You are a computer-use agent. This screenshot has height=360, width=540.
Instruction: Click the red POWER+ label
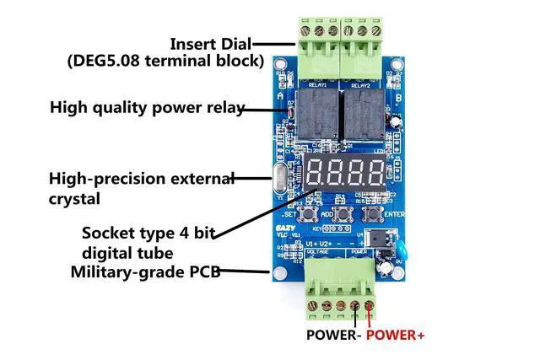click(396, 335)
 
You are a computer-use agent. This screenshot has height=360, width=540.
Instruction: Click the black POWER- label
click(333, 335)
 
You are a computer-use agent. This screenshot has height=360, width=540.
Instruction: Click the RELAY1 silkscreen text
click(318, 85)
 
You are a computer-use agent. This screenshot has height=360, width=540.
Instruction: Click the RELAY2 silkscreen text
click(360, 85)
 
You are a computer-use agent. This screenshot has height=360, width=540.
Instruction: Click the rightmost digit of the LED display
click(371, 173)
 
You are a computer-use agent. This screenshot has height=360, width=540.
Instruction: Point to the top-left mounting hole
click(279, 74)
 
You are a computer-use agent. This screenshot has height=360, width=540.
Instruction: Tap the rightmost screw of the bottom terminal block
click(369, 305)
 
